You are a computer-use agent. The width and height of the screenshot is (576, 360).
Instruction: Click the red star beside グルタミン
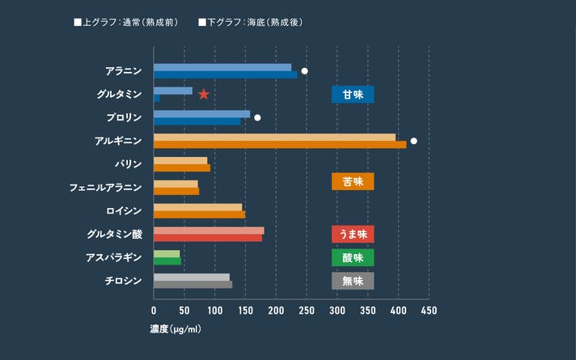(204, 95)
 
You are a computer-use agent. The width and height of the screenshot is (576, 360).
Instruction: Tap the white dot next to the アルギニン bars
(413, 141)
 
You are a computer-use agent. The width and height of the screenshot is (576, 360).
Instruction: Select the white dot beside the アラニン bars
(304, 71)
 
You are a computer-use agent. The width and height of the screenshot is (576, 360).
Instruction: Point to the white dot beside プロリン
(257, 117)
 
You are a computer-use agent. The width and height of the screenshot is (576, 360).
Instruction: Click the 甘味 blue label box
(353, 95)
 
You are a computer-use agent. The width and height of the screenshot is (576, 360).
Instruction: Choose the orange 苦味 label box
(353, 181)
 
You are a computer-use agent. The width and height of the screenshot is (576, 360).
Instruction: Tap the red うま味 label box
(353, 234)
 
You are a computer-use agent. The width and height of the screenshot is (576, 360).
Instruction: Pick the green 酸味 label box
(353, 257)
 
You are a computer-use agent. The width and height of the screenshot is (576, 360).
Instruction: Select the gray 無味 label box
(353, 281)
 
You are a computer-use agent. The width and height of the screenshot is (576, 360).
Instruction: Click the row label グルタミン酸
(114, 235)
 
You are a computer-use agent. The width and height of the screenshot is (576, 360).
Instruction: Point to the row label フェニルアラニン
(105, 188)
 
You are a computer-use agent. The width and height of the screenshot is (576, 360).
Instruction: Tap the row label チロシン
(123, 281)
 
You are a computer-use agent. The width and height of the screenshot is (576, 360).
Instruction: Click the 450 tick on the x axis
(429, 310)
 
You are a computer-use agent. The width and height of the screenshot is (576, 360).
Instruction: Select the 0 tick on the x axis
(154, 310)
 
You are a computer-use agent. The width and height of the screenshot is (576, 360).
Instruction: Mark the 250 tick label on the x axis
(307, 310)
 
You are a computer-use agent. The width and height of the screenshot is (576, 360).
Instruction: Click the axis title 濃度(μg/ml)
(176, 329)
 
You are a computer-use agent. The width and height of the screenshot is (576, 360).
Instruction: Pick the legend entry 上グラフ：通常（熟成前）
(126, 22)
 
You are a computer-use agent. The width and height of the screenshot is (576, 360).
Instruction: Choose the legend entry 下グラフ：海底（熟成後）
(251, 22)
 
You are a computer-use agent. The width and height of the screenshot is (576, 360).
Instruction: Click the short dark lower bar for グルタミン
(157, 99)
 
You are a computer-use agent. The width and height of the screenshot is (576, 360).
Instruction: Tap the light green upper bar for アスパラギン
(167, 254)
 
